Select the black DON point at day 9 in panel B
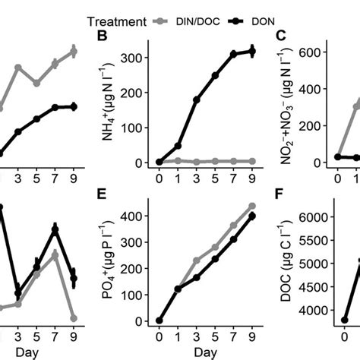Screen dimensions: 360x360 (x=252, y=52)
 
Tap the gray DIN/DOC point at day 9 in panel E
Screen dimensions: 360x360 (x=252, y=206)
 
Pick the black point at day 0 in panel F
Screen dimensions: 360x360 (x=345, y=321)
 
